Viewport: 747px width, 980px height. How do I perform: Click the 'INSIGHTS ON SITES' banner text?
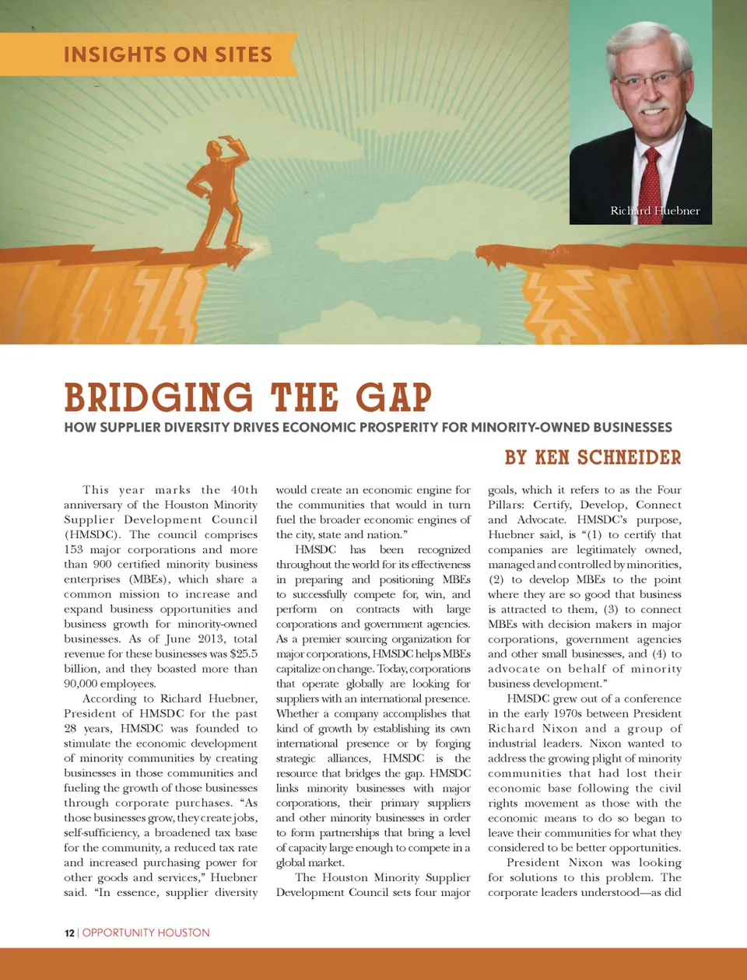click(167, 54)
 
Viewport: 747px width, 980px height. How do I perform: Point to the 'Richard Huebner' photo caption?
click(654, 211)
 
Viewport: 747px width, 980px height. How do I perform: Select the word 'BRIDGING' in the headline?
click(159, 397)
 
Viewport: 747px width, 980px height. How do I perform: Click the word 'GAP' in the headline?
click(393, 397)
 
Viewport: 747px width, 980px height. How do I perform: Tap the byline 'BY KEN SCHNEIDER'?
click(593, 457)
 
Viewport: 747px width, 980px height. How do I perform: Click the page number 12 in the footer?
click(69, 933)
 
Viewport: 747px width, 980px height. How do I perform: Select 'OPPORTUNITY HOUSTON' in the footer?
click(146, 933)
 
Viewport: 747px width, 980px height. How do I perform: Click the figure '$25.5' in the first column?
click(244, 654)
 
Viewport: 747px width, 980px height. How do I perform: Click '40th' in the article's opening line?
click(244, 490)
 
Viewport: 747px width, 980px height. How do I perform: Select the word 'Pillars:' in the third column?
click(507, 505)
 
